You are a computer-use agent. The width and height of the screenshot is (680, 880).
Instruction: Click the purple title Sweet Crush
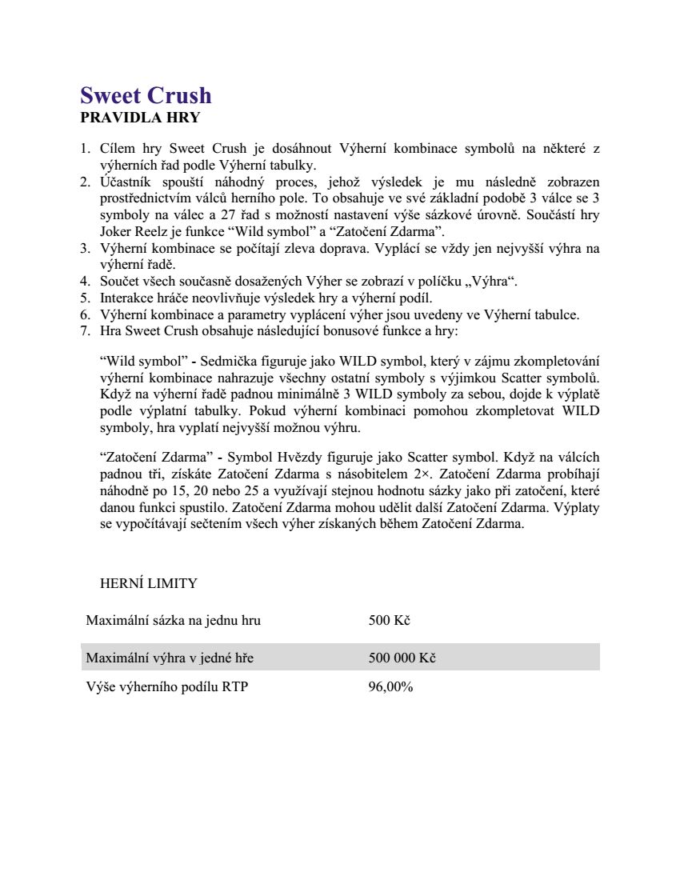pos(146,95)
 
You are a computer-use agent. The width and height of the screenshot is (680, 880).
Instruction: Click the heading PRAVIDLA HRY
pos(140,118)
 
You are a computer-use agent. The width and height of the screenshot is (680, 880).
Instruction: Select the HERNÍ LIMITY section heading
pos(148,583)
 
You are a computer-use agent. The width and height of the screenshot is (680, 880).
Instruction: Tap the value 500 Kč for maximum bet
pos(389,620)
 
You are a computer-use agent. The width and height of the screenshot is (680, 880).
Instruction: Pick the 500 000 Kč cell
pos(402,658)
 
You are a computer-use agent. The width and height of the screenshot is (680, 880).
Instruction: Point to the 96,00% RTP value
pos(390,686)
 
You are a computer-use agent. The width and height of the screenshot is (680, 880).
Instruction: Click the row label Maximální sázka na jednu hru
pos(173,620)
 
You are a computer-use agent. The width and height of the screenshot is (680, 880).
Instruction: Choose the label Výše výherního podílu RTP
pos(166,686)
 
